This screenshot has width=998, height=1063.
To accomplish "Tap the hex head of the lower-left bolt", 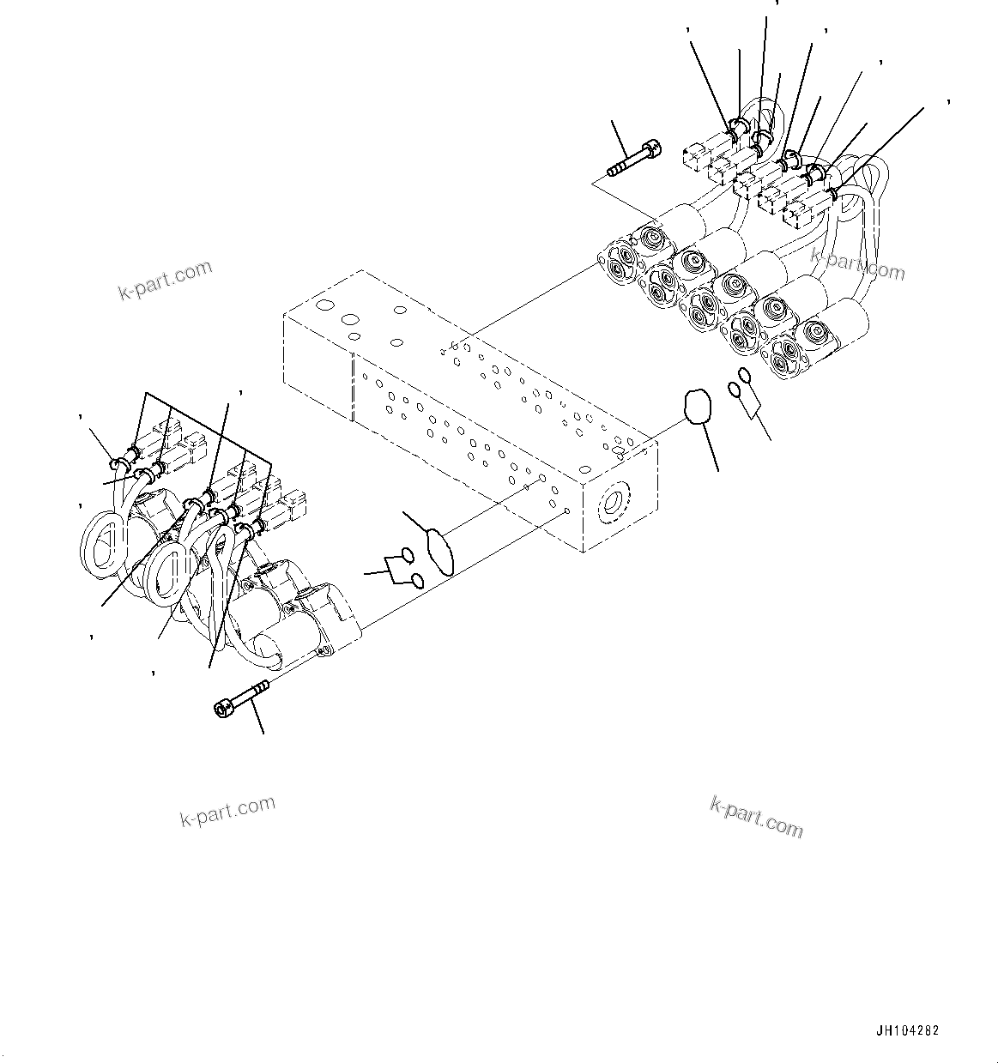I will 221,708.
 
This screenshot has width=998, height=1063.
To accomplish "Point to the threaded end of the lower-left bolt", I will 259,687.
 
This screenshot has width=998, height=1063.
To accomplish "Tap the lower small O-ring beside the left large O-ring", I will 416,582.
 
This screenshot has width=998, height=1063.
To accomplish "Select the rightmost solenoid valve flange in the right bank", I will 789,359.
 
